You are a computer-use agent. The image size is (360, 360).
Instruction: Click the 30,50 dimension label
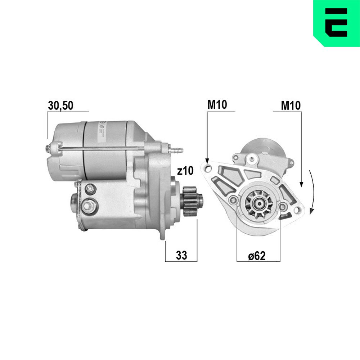click(x=60, y=105)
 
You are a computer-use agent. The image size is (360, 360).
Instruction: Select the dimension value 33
click(x=181, y=255)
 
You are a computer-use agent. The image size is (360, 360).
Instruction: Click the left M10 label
click(x=217, y=105)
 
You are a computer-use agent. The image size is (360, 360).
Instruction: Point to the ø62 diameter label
click(x=257, y=256)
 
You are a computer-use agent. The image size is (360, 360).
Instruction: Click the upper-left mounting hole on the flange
click(x=207, y=167)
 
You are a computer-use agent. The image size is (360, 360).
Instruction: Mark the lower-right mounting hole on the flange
click(x=297, y=210)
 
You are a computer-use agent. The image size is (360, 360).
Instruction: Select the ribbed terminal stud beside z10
click(x=177, y=149)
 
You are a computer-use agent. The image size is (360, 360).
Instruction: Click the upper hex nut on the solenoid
click(x=90, y=188)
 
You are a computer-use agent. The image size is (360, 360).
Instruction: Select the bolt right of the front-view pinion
click(x=283, y=206)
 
